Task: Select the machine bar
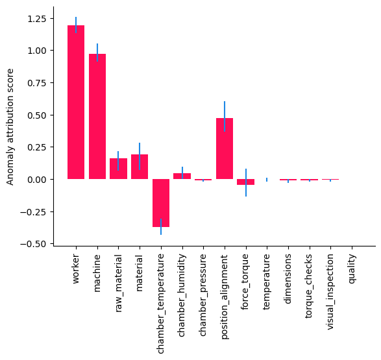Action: pyautogui.click(x=97, y=116)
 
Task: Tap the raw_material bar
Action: pyautogui.click(x=118, y=169)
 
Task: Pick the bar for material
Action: pyautogui.click(x=140, y=167)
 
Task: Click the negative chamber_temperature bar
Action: pyautogui.click(x=161, y=203)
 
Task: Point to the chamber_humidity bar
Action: pyautogui.click(x=182, y=176)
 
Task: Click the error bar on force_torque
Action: pyautogui.click(x=245, y=182)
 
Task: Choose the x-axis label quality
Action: pyautogui.click(x=352, y=268)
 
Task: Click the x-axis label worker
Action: pyautogui.click(x=76, y=268)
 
